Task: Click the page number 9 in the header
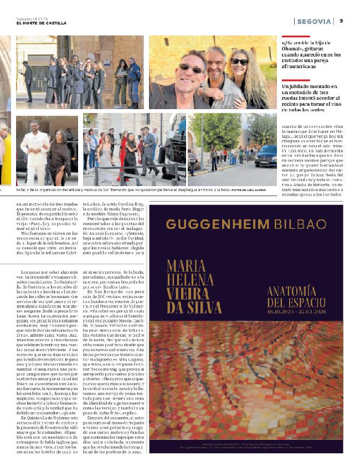click(342, 21)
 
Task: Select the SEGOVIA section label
click(314, 21)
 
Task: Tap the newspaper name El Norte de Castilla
click(42, 23)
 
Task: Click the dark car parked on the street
click(265, 156)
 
